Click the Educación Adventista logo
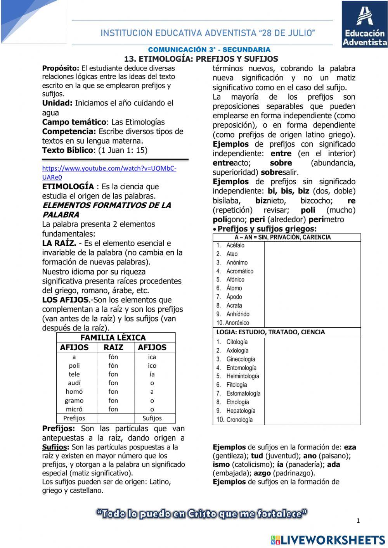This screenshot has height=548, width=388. (364, 24)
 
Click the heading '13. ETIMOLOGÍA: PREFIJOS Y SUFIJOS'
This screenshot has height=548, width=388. (201, 59)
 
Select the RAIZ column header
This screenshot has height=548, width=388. (113, 347)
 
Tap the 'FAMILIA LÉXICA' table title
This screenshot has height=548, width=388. (113, 337)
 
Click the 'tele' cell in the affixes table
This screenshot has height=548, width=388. (74, 374)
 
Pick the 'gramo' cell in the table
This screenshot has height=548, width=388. (74, 401)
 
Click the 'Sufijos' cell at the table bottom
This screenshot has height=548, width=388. (152, 418)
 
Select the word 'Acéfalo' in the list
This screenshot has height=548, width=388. (235, 245)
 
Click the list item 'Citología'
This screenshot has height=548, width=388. (237, 342)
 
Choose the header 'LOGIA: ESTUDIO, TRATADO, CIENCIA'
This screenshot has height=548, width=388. (270, 332)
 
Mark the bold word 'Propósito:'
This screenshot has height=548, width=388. (61, 68)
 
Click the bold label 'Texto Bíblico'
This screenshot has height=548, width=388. (68, 150)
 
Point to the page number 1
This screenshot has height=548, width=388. (358, 521)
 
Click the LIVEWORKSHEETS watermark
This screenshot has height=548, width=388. (328, 540)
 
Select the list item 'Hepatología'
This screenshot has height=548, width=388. (241, 411)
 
